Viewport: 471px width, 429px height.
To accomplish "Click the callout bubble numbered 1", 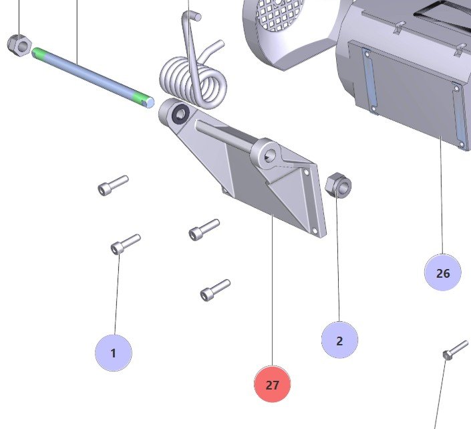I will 113,352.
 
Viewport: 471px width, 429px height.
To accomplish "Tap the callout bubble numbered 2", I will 339,340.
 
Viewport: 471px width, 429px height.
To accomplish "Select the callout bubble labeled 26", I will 442,273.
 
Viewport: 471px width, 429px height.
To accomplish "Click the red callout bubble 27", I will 272,385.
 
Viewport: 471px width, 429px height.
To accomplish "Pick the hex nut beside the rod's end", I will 19,46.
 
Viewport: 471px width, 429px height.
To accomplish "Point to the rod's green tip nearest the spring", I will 142,99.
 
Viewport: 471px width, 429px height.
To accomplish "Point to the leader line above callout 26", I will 442,201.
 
